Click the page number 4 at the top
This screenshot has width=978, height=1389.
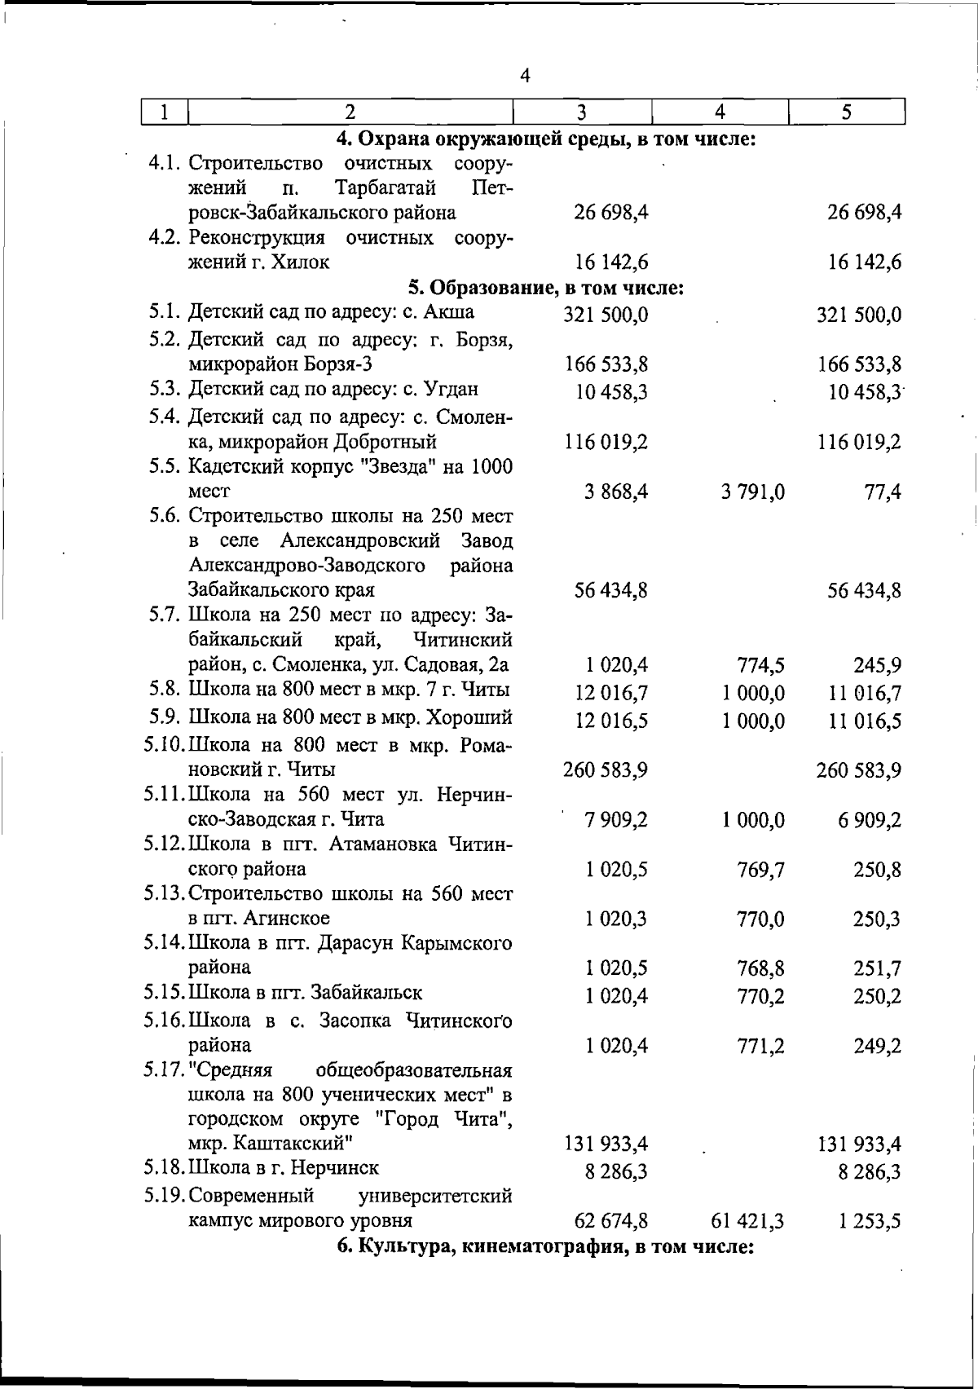[x=525, y=76]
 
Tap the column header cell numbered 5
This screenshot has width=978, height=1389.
[x=847, y=112]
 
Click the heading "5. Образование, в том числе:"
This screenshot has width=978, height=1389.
[x=545, y=288]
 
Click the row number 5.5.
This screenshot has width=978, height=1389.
[x=167, y=467]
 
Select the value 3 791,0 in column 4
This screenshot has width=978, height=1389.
[x=752, y=492]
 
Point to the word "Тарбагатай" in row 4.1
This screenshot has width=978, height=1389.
[x=385, y=188]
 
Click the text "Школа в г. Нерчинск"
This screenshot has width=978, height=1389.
[x=284, y=1167]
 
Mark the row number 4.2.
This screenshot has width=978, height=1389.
[x=167, y=238]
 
